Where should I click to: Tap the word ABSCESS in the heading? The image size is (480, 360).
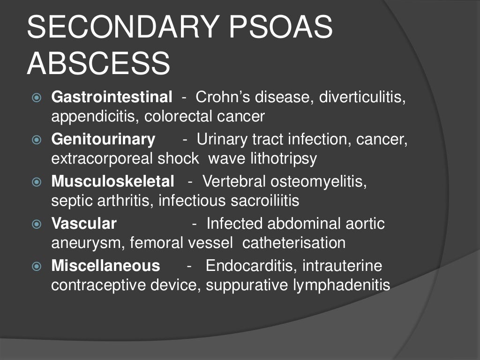point(98,64)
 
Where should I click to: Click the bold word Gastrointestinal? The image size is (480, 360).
point(112,97)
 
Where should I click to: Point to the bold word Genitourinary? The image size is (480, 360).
point(103,139)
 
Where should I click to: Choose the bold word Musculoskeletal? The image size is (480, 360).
point(112,181)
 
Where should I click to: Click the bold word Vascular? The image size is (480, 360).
point(84,224)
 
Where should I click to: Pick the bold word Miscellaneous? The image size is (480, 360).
point(105,266)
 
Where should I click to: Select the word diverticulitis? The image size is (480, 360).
point(362,97)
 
